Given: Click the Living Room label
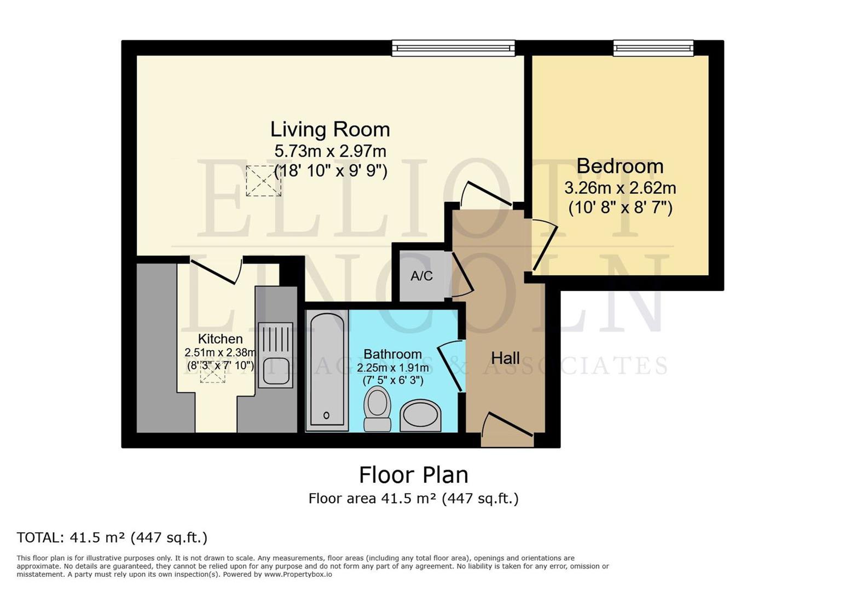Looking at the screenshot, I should click(330, 130).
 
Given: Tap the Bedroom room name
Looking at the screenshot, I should click(620, 166).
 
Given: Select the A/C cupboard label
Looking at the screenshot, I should click(421, 276).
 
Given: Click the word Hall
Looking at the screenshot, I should click(505, 358).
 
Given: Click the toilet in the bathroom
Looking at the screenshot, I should click(377, 408).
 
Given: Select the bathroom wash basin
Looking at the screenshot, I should click(420, 415).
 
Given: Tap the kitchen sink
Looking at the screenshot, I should click(275, 355).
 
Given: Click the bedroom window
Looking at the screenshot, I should click(653, 48).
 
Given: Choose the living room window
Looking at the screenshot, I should click(453, 48).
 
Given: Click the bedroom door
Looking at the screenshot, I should click(544, 246).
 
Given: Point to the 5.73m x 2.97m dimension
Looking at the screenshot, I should click(330, 150).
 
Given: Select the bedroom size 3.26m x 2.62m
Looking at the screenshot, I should click(620, 188).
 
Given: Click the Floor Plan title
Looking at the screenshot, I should click(413, 474).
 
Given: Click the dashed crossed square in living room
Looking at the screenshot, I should click(263, 181).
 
